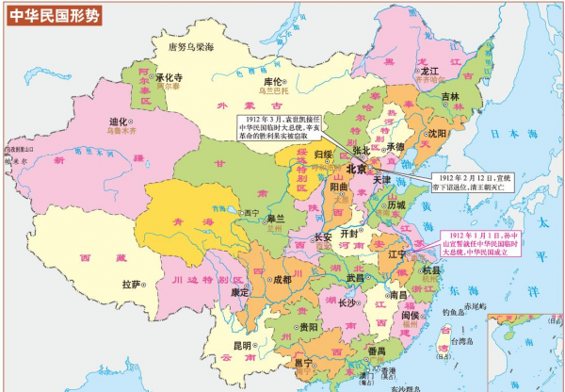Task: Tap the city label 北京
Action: point(357,170)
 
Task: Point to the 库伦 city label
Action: point(274,83)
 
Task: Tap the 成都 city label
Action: point(282,280)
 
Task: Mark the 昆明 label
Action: point(242,346)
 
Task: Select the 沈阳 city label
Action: point(437,134)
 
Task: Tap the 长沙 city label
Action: point(346,303)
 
